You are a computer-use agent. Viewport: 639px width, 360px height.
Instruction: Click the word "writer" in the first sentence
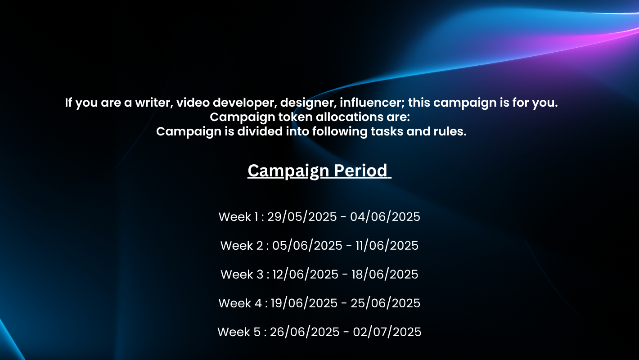154,103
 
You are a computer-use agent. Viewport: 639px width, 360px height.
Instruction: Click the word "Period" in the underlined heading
360,171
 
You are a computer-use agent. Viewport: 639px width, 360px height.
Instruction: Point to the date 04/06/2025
385,217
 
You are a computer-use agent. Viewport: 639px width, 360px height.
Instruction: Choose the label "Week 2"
242,246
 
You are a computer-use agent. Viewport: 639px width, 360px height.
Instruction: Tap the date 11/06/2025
387,246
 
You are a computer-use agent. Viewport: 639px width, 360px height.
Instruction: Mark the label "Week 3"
242,274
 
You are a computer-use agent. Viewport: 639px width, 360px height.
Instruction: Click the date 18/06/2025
385,274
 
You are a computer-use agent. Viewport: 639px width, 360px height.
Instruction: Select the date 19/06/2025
304,303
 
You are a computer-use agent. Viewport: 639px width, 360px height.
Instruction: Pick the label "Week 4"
240,303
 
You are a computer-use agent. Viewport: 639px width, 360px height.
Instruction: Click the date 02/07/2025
387,332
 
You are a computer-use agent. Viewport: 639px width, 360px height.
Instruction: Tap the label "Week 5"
239,332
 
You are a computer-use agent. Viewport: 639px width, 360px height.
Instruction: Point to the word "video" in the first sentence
193,103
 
